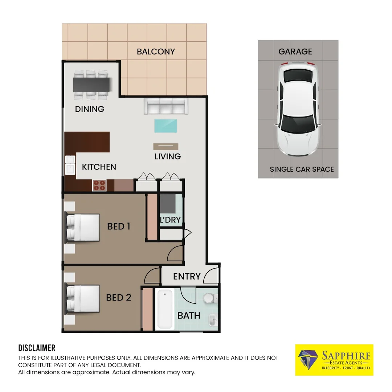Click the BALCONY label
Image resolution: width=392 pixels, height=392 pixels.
[x=156, y=52]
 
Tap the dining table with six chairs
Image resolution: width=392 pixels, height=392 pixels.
[x=91, y=85]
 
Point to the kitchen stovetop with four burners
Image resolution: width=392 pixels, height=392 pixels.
[x=99, y=185]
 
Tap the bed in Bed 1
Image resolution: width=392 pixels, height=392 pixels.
[x=83, y=228]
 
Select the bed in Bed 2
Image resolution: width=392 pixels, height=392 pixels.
[x=83, y=298]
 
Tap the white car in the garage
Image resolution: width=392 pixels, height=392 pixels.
[x=298, y=109]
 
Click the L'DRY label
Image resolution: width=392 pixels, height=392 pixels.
[x=170, y=220]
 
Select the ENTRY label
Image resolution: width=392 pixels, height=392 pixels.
[x=187, y=276]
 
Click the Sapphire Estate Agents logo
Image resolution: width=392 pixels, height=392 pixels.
[x=334, y=360]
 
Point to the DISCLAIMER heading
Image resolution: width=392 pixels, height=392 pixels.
[x=37, y=348]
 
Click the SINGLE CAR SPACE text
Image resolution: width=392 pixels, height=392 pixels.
[x=302, y=169]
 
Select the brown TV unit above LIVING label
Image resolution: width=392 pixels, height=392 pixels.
[x=166, y=146]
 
